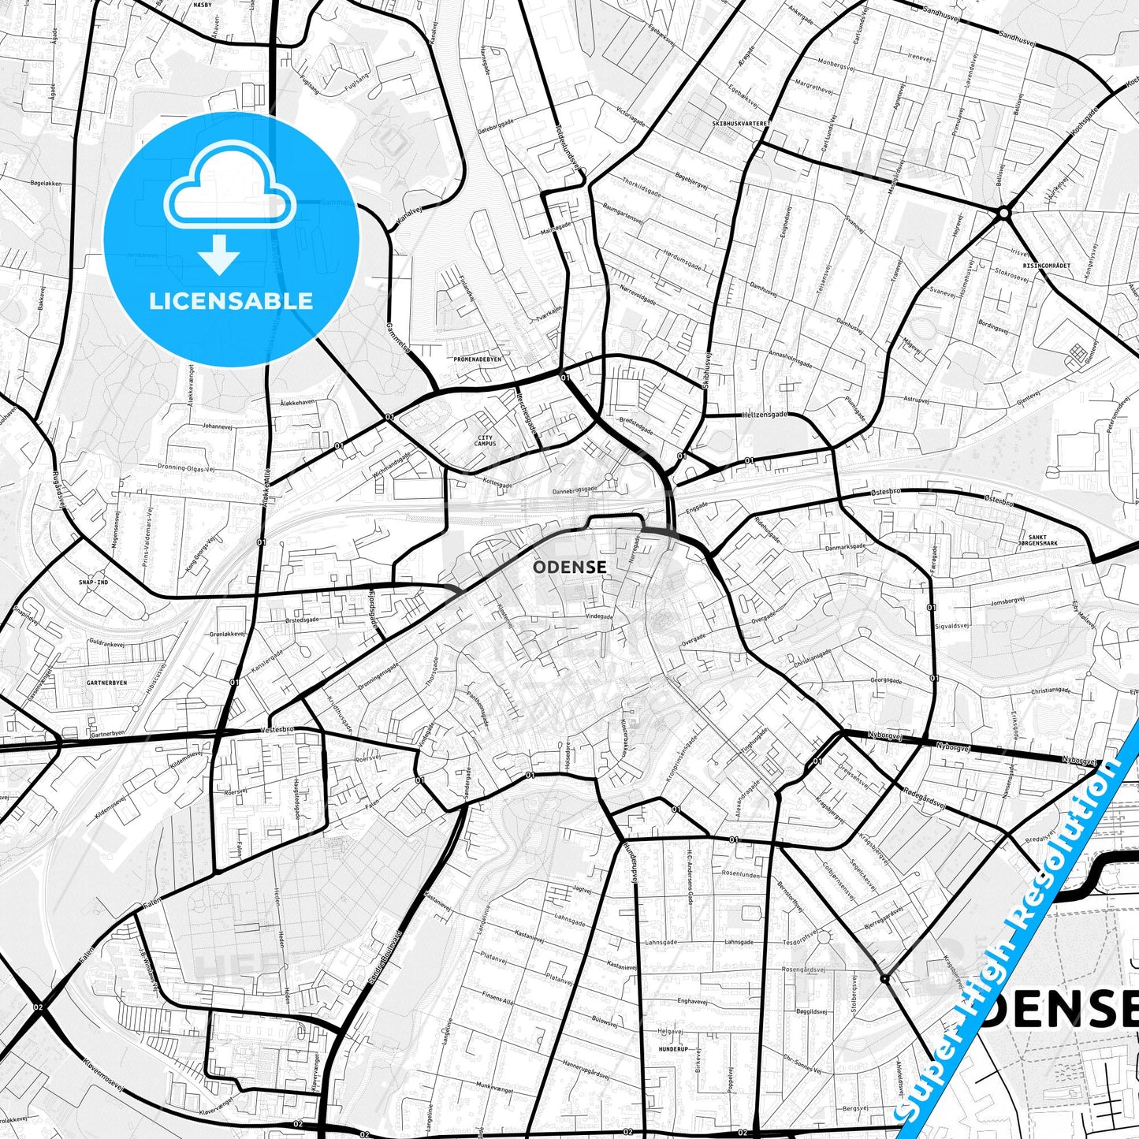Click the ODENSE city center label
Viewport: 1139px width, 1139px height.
pos(569,567)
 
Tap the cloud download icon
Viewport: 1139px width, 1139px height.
pos(229,207)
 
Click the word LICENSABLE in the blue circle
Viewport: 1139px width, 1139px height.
pos(231,301)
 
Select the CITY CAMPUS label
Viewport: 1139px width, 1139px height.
pos(485,441)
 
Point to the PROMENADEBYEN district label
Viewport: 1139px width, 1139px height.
pos(478,359)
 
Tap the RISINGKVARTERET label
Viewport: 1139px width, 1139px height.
pos(1046,266)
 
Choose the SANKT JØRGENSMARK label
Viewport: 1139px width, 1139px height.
pos(1037,539)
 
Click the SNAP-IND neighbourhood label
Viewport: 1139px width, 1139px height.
pos(93,582)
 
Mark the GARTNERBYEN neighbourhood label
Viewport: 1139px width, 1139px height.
pos(106,683)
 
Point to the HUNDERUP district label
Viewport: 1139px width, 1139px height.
pos(673,1049)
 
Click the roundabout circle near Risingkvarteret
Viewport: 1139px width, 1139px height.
pos(1003,212)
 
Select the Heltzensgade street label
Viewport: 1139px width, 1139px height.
pos(764,415)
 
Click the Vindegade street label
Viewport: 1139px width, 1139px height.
pos(598,616)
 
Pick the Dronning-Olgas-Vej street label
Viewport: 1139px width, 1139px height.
pos(186,467)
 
